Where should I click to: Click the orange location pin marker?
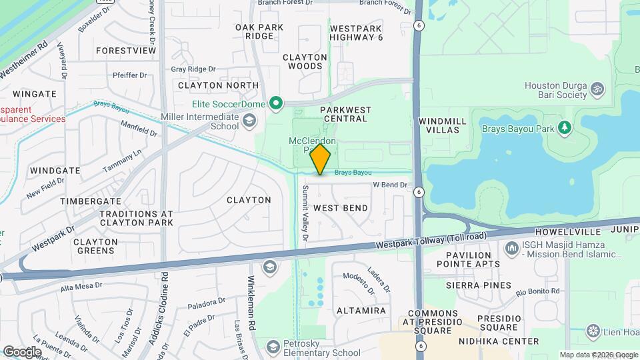(321, 159)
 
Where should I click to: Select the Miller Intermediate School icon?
(249, 120)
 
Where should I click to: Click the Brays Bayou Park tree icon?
(565, 127)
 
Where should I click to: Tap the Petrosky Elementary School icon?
(273, 347)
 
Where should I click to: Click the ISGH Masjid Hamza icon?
(512, 249)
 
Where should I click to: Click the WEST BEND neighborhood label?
(341, 208)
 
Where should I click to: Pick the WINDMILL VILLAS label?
(439, 125)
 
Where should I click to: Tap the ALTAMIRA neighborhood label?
(361, 311)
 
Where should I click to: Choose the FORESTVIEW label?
(126, 51)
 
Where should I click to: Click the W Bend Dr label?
(389, 185)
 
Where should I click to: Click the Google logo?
(22, 351)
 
